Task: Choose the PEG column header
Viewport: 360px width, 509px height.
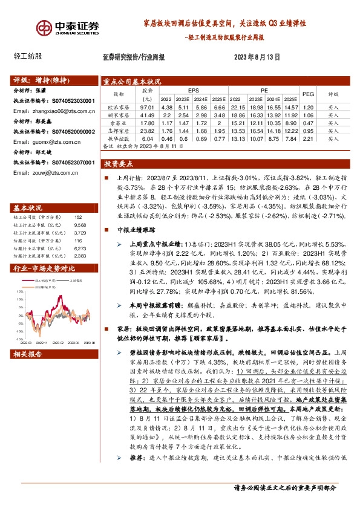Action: coord(308,94)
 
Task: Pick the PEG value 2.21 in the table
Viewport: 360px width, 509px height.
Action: coord(308,138)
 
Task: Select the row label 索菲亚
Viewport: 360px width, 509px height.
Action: coord(116,122)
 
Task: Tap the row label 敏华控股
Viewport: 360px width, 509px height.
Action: coord(116,138)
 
